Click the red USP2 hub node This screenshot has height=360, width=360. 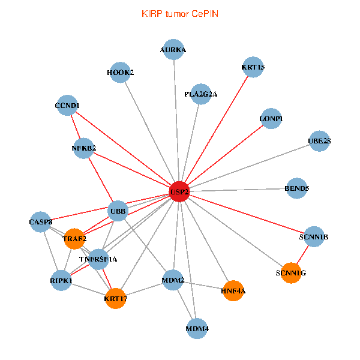point(179,192)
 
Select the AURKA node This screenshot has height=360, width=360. point(173,50)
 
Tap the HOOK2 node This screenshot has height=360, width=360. point(121,73)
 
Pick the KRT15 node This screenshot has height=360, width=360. point(253,67)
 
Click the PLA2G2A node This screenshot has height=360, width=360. point(200,94)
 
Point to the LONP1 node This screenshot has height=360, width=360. point(271,119)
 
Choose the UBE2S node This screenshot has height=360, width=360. point(319,141)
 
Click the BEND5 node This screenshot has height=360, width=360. point(297,188)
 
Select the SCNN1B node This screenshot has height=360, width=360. point(314,237)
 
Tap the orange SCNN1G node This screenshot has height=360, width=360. point(291,273)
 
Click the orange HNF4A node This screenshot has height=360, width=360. point(233,290)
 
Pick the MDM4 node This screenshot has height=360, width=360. point(197,328)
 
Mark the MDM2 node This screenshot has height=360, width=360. point(173,280)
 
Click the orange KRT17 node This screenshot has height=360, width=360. point(115,298)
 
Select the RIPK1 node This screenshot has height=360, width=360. point(61,280)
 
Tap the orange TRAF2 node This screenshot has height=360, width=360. point(75,239)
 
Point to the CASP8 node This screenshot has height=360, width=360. point(41,222)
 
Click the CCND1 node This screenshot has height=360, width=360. point(67,106)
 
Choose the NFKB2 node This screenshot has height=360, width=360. point(83,148)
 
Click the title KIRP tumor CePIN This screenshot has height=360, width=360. point(179,13)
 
